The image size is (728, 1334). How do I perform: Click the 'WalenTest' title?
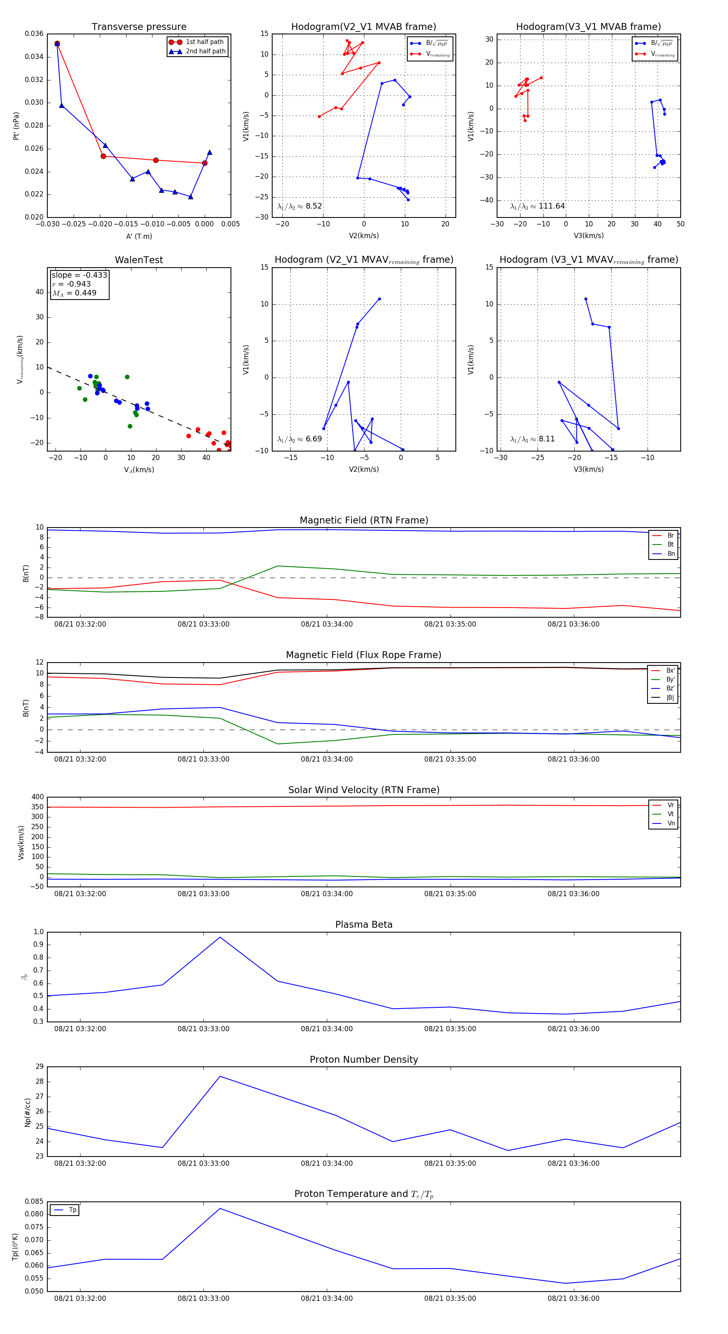click(x=139, y=260)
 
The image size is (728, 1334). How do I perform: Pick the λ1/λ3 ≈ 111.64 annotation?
click(x=538, y=206)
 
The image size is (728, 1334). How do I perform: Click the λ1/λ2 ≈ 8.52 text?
click(x=299, y=206)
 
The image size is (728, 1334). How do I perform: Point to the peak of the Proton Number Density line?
click(x=220, y=1076)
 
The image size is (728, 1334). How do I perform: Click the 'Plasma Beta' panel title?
click(x=364, y=925)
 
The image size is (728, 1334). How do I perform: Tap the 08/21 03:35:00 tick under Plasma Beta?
click(x=450, y=1029)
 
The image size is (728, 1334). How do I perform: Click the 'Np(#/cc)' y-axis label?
click(x=28, y=1112)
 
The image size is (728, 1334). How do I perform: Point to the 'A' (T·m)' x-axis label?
click(x=139, y=236)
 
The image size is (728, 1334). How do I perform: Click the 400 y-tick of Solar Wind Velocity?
click(x=37, y=797)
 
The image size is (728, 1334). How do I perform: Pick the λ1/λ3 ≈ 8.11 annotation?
click(x=532, y=439)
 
